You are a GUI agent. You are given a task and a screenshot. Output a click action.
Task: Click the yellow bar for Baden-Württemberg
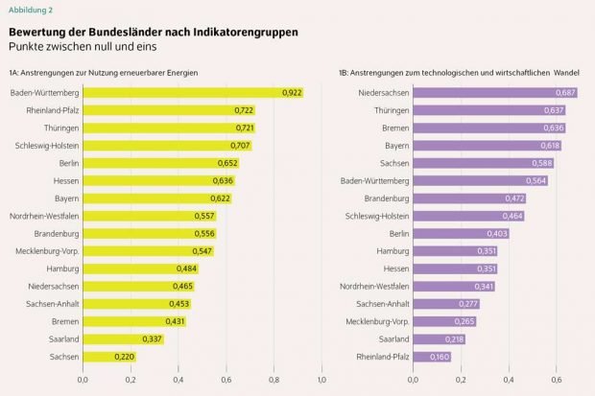tap(192, 92)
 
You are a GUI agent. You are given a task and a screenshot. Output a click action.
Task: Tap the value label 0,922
tap(292, 92)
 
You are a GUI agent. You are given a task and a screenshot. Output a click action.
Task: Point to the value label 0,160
tap(440, 357)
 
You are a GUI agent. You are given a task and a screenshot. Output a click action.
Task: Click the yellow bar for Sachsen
tap(108, 357)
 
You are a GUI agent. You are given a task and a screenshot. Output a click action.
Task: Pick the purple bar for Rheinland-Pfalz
tap(432, 357)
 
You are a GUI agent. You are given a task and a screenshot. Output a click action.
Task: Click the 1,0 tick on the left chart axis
tap(321, 381)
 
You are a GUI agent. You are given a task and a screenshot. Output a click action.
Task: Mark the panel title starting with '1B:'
tap(454, 72)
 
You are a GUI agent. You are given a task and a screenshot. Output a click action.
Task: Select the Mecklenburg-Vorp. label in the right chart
tap(375, 321)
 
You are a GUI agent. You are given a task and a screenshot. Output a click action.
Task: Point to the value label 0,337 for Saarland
tap(152, 338)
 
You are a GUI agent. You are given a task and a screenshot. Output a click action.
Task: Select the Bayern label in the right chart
tap(391, 145)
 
